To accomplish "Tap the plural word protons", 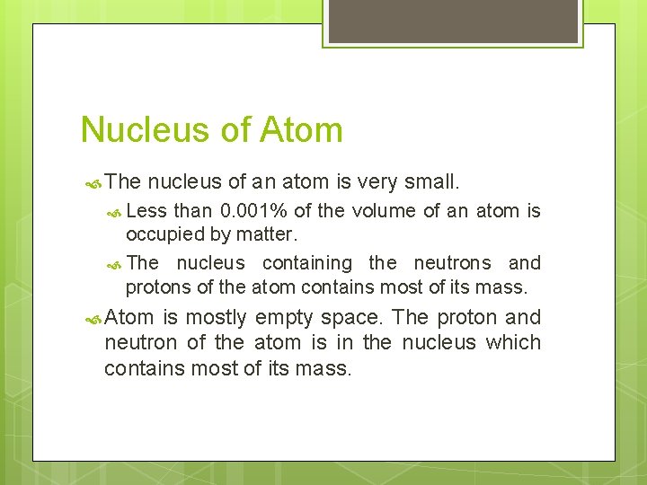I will (x=156, y=288).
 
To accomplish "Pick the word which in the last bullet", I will (x=513, y=342).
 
